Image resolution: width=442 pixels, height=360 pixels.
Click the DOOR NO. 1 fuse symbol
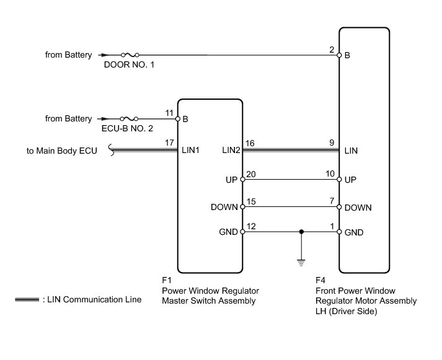point(130,55)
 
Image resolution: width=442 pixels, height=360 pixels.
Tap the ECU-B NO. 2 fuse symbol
point(129,118)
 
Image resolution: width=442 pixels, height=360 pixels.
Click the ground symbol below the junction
point(301,263)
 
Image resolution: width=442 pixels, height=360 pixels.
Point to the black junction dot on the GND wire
point(301,232)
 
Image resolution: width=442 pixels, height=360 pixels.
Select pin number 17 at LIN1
point(169,143)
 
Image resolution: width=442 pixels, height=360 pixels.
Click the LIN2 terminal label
point(231,150)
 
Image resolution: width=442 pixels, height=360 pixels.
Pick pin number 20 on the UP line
point(251,174)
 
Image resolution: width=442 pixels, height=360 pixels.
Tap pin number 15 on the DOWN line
point(251,201)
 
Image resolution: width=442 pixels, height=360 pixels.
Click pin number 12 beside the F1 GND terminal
point(251,226)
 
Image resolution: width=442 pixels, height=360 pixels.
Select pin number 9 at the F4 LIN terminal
point(332,143)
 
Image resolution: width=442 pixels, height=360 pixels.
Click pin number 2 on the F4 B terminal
point(332,50)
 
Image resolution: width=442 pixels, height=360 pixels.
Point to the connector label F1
point(167,280)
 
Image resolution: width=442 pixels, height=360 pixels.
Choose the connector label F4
point(320,280)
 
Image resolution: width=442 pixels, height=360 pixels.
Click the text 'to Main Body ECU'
point(62,151)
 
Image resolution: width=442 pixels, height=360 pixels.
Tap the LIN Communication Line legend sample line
point(27,299)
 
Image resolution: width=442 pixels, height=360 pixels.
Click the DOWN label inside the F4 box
point(358,208)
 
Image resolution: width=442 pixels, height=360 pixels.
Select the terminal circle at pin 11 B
point(177,119)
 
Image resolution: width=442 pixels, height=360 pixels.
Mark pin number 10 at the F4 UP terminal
point(330,173)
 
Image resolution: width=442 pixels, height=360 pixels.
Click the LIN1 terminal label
point(190,150)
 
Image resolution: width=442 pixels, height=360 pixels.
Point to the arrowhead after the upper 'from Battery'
point(104,55)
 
